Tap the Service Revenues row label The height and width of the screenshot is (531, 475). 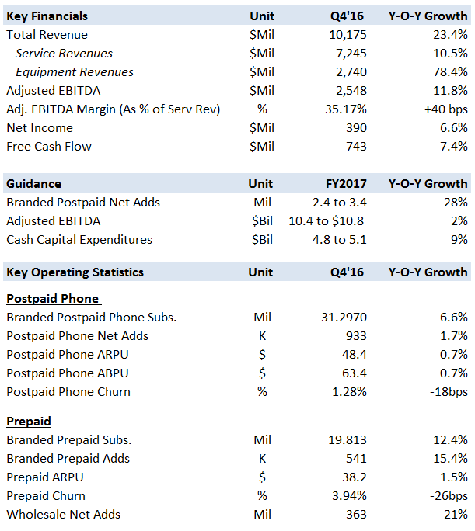click(x=64, y=54)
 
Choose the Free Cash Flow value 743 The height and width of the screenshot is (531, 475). click(x=358, y=147)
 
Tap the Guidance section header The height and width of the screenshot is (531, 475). click(x=33, y=184)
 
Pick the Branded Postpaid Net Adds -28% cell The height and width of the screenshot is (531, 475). click(x=453, y=203)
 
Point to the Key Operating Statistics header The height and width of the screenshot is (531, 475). click(x=75, y=272)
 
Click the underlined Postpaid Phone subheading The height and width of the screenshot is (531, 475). click(x=53, y=299)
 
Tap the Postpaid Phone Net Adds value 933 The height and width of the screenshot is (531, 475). click(x=358, y=336)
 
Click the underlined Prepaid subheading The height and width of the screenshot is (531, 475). click(x=29, y=422)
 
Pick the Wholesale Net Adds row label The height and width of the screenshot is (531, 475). click(x=63, y=515)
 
